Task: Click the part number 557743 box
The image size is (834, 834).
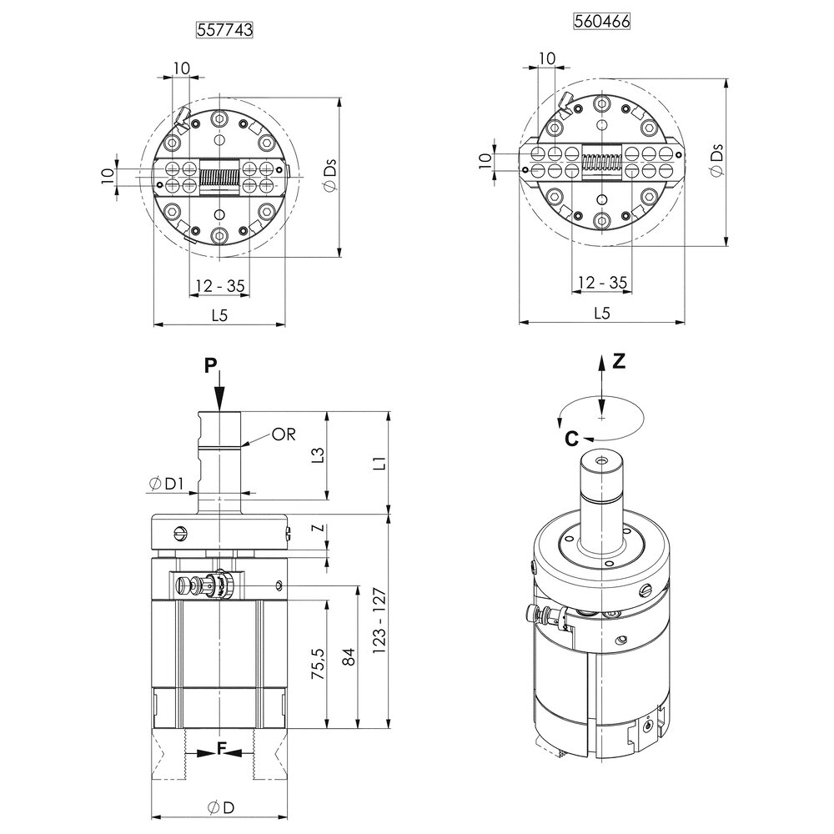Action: tap(224, 29)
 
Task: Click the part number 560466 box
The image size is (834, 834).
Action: tap(601, 22)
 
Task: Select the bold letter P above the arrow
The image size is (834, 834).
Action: tap(211, 364)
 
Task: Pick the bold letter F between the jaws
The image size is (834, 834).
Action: tap(222, 749)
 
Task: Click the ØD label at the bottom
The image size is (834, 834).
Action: tap(220, 807)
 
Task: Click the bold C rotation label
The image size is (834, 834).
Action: tap(569, 438)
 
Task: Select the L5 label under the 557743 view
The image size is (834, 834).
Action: tap(219, 315)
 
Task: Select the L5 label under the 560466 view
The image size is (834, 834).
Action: tap(601, 313)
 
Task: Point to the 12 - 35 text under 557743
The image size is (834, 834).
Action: tap(220, 286)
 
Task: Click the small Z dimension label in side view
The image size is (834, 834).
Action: tap(315, 530)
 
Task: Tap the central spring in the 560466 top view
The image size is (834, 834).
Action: tap(602, 163)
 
